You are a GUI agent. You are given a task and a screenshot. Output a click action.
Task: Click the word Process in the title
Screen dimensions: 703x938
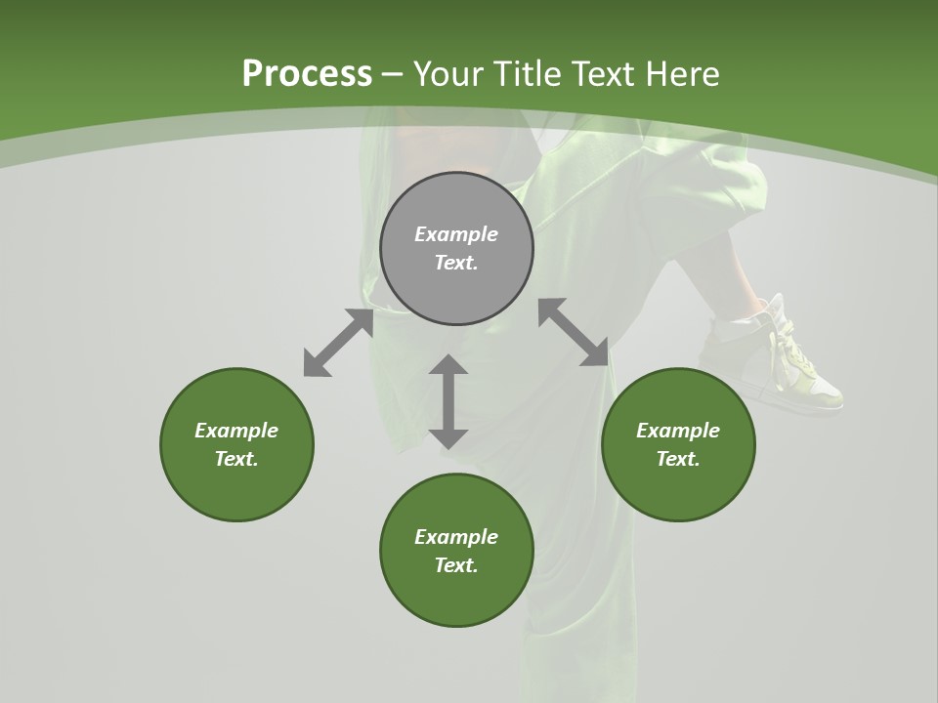[x=307, y=74]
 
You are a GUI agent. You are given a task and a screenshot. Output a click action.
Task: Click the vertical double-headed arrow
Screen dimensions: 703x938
[x=448, y=401]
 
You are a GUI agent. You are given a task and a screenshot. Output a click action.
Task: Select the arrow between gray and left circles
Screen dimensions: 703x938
[x=338, y=343]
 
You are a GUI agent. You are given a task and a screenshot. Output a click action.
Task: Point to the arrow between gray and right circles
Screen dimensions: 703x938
[x=574, y=332]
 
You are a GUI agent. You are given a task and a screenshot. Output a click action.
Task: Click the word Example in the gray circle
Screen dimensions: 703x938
[x=456, y=234]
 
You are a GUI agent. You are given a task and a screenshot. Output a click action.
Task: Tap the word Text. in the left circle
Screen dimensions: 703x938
[x=236, y=459]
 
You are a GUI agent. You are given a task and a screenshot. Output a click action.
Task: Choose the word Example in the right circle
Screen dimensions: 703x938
[x=678, y=431]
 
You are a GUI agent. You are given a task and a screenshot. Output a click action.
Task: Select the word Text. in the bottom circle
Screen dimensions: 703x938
[x=456, y=565]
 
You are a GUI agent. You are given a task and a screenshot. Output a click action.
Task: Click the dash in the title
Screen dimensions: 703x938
[x=393, y=74]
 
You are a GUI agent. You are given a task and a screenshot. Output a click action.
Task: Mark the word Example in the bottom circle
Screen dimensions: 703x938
[x=456, y=537]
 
